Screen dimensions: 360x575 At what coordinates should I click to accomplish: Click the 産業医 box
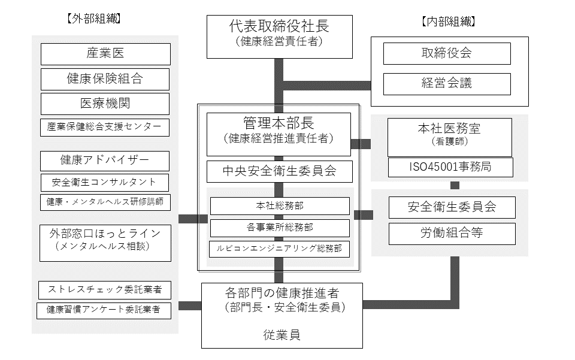(x=105, y=54)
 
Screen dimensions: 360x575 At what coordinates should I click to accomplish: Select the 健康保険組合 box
(x=105, y=79)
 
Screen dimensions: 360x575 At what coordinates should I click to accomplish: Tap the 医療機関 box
(x=105, y=104)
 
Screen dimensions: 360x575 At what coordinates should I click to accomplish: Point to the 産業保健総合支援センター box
(x=105, y=127)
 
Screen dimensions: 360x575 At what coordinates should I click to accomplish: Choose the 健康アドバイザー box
(x=105, y=161)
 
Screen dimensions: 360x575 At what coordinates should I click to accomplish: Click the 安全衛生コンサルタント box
(x=105, y=182)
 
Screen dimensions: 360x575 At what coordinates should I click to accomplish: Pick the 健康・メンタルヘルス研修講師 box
(x=105, y=202)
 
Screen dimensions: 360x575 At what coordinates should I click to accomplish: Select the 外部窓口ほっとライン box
(x=105, y=243)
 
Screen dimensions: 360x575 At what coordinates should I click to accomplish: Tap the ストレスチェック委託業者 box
(x=105, y=290)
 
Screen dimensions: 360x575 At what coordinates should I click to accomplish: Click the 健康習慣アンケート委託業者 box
(x=105, y=310)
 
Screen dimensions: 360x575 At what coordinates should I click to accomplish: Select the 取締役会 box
(x=447, y=53)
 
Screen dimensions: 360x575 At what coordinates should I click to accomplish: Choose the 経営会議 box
(x=447, y=84)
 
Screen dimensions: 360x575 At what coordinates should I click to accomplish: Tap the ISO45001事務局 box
(x=450, y=167)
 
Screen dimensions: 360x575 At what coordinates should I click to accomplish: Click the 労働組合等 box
(x=452, y=234)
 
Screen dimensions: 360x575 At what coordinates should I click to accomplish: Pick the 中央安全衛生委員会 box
(x=279, y=172)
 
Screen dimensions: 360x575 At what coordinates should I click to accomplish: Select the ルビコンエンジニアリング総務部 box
(x=279, y=249)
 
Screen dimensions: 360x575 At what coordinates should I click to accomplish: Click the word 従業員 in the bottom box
(x=282, y=335)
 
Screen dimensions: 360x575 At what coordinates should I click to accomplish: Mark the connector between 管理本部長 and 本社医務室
(x=361, y=144)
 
